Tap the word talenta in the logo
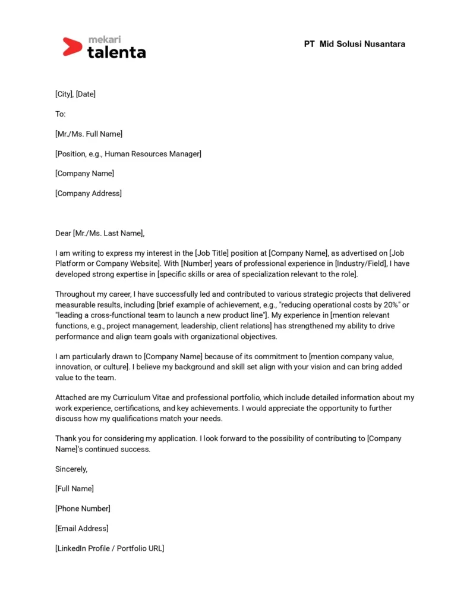pyautogui.click(x=116, y=52)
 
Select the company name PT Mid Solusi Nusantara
pyautogui.click(x=354, y=44)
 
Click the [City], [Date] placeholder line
pyautogui.click(x=75, y=94)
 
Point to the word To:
pyautogui.click(x=61, y=114)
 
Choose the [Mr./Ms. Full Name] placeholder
pyautogui.click(x=89, y=134)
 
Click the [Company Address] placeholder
pyautogui.click(x=89, y=193)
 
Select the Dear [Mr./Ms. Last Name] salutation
pyautogui.click(x=100, y=233)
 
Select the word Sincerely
pyautogui.click(x=71, y=469)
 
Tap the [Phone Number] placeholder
pyautogui.click(x=83, y=508)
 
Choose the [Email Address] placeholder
pyautogui.click(x=82, y=528)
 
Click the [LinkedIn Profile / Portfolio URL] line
pyautogui.click(x=109, y=548)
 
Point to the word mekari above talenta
pyautogui.click(x=105, y=39)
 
